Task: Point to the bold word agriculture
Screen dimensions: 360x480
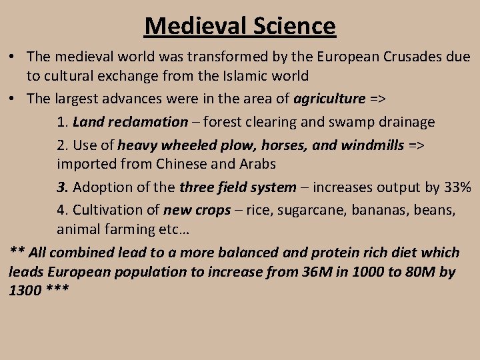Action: pyautogui.click(x=329, y=99)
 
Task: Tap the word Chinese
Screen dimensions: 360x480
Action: pyautogui.click(x=182, y=163)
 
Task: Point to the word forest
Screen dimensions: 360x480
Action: pyautogui.click(x=224, y=122)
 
